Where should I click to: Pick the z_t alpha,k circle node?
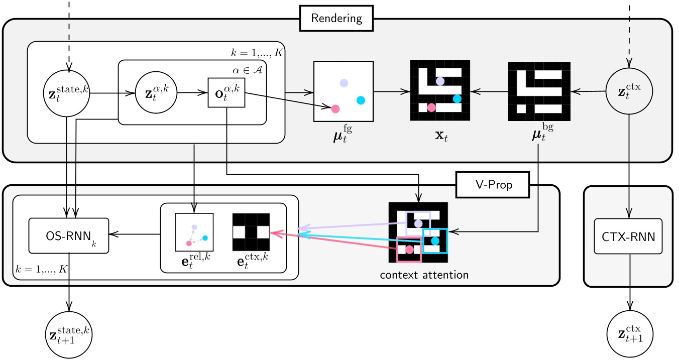click(x=156, y=92)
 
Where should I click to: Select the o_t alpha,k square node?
click(x=226, y=92)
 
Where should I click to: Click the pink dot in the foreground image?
click(x=335, y=108)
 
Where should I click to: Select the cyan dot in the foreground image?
click(x=361, y=100)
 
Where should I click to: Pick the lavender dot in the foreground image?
click(x=344, y=83)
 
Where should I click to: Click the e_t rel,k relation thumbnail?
click(x=194, y=231)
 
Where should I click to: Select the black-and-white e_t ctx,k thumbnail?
click(x=251, y=231)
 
